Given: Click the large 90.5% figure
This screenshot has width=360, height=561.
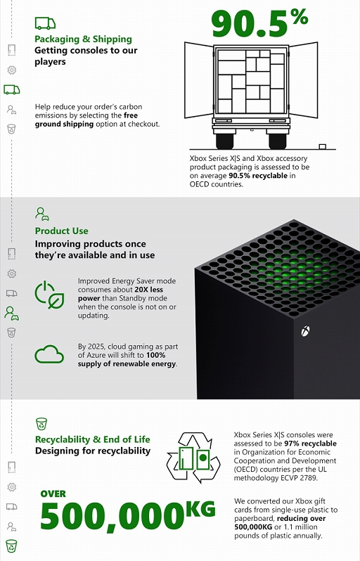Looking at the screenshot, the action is [259, 23].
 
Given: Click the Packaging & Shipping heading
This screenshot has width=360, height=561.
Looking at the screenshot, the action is [84, 39].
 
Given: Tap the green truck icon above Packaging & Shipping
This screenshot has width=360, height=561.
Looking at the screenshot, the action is [45, 23].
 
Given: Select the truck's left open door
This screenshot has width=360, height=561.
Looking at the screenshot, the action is [199, 79].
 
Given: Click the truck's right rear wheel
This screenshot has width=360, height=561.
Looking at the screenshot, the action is [277, 139].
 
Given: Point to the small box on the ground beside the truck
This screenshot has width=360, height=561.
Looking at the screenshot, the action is [323, 146].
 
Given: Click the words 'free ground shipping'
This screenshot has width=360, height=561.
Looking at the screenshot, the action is [86, 120].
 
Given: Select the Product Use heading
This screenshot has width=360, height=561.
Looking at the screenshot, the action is [62, 231].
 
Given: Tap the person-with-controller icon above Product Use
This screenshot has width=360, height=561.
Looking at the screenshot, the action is [42, 214].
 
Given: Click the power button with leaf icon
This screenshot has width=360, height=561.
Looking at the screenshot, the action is [49, 295].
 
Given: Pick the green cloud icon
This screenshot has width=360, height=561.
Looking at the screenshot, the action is [49, 354].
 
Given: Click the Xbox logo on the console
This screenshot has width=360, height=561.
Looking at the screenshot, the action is [305, 331].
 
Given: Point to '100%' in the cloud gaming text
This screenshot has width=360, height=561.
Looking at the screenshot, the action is [155, 355].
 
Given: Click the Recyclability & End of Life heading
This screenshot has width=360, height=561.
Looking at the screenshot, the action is [93, 439].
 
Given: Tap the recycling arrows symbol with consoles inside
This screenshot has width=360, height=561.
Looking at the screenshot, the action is [193, 458].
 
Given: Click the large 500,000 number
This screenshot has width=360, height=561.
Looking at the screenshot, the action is [112, 516].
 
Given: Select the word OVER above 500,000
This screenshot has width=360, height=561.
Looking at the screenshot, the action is [53, 494].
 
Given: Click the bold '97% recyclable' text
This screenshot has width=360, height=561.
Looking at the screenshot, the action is [310, 444].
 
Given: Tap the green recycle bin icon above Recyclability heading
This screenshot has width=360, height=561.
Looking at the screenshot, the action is [41, 424].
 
